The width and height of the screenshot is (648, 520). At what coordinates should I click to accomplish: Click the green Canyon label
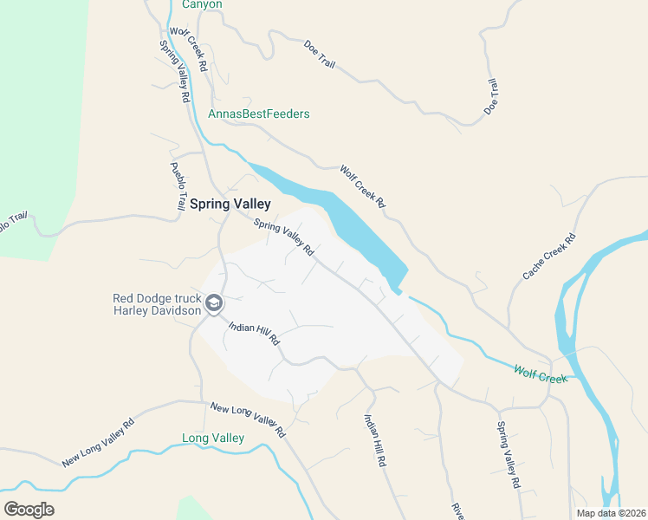[x=202, y=4]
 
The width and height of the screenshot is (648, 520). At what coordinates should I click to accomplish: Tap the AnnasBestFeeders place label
[x=259, y=114]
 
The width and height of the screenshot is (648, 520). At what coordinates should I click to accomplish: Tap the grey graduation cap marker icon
[x=214, y=304]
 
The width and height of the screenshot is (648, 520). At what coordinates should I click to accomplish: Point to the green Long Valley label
[x=213, y=439]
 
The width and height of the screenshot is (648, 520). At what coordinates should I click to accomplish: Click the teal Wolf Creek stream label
[x=540, y=374]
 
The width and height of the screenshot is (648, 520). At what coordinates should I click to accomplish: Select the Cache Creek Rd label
[x=549, y=257]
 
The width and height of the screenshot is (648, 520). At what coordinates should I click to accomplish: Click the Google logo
[x=29, y=510]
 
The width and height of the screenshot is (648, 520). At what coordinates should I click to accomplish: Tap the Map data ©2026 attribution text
[x=611, y=513]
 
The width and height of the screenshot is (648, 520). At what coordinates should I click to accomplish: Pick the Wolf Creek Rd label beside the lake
[x=362, y=186]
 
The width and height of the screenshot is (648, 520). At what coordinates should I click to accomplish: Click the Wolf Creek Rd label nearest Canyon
[x=188, y=49]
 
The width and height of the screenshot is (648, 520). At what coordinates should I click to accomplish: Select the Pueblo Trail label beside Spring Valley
[x=178, y=186]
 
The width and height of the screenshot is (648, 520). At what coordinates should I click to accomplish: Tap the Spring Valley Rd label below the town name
[x=283, y=237]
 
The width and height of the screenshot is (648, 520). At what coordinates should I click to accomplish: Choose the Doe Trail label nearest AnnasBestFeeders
[x=320, y=54]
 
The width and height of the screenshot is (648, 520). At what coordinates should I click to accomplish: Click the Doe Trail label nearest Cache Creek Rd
[x=491, y=97]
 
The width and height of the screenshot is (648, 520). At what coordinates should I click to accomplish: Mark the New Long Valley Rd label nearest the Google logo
[x=99, y=443]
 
